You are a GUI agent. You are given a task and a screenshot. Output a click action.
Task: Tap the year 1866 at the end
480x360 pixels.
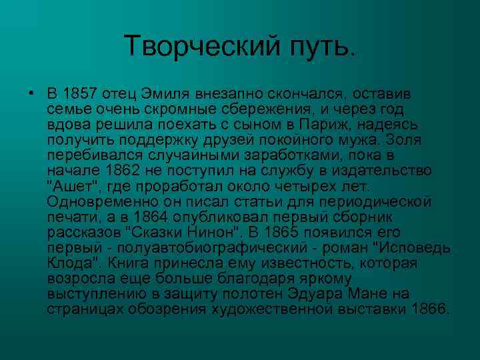(431, 309)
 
